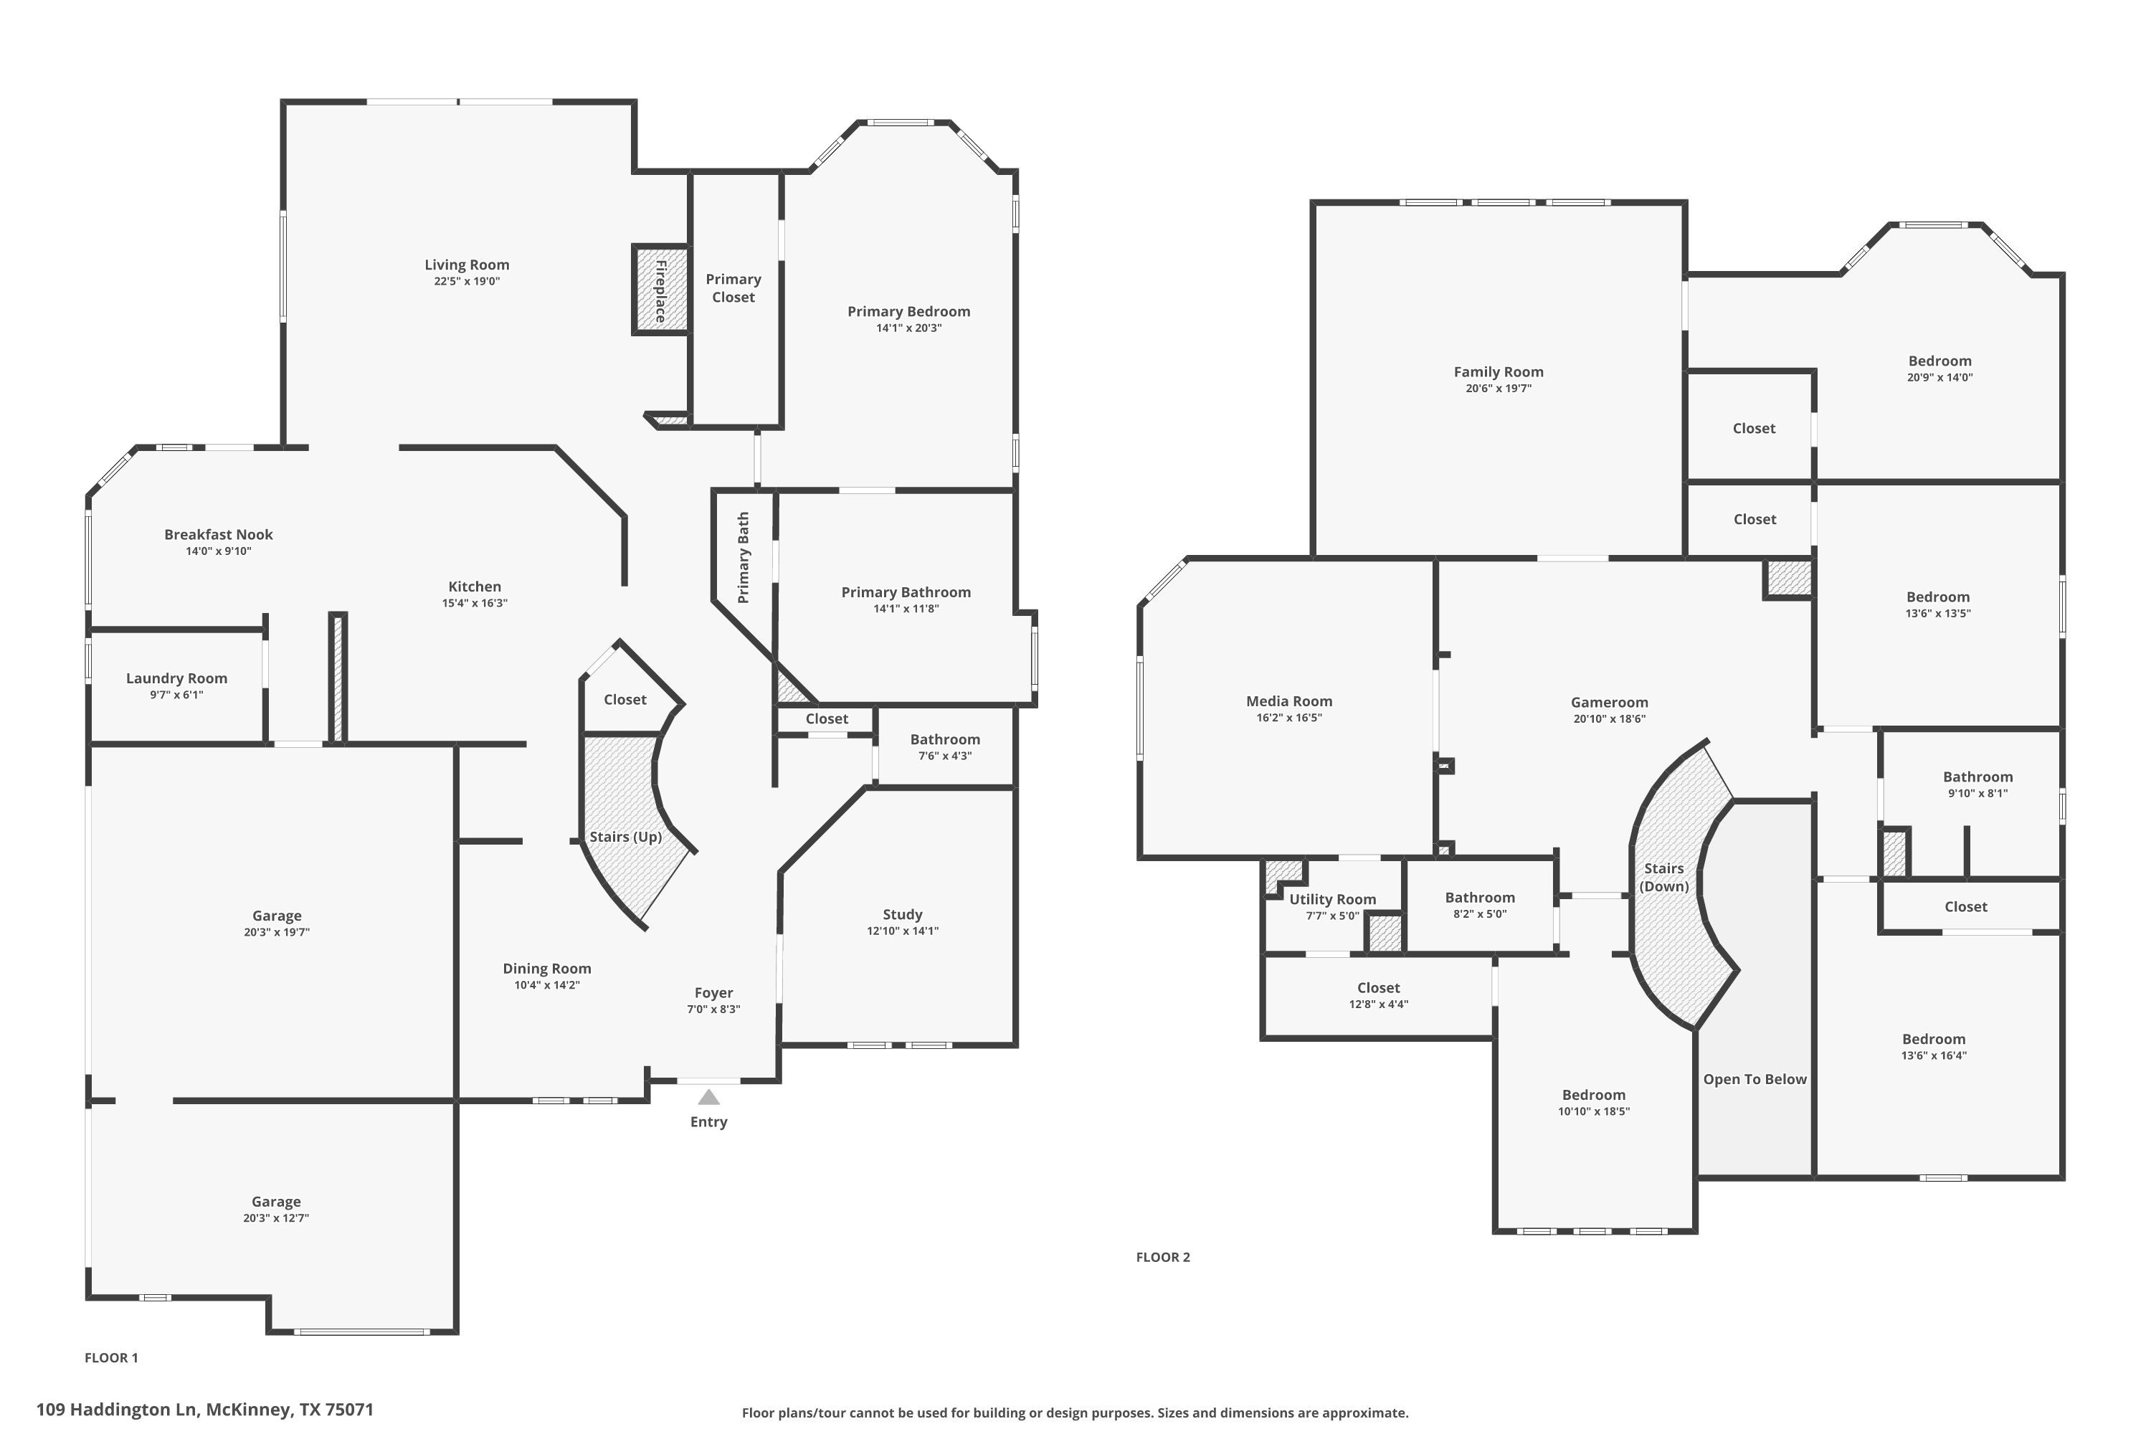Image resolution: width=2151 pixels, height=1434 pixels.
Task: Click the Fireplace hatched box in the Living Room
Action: [660, 290]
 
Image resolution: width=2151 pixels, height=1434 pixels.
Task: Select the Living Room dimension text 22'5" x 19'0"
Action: [467, 282]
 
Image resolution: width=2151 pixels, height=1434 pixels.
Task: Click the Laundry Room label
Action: [176, 678]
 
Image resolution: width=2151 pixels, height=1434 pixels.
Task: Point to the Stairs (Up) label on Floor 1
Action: [625, 837]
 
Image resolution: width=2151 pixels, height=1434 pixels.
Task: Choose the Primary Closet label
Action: [733, 288]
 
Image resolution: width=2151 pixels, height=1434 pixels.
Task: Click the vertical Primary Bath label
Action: [744, 558]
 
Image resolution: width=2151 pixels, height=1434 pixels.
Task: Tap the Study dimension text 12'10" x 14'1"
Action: [903, 931]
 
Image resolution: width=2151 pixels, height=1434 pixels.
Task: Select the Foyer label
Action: [713, 993]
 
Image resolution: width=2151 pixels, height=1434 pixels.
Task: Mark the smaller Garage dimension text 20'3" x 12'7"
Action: [276, 1218]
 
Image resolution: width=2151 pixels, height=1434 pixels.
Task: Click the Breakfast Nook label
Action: [219, 535]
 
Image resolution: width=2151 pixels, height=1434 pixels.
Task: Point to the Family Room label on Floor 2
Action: [1498, 372]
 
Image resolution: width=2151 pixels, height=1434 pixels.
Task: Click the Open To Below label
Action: [1754, 1079]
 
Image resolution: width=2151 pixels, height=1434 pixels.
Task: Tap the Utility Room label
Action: [1332, 900]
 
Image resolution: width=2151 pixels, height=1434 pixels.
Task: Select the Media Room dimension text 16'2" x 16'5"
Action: [1288, 718]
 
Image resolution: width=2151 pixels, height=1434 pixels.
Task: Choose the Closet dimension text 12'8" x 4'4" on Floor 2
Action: [1378, 1005]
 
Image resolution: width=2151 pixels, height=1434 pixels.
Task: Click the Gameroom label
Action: [1610, 703]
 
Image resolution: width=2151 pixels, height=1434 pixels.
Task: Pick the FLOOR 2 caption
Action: [1162, 1258]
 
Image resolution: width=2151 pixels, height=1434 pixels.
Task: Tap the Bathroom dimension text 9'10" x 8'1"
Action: [1977, 794]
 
